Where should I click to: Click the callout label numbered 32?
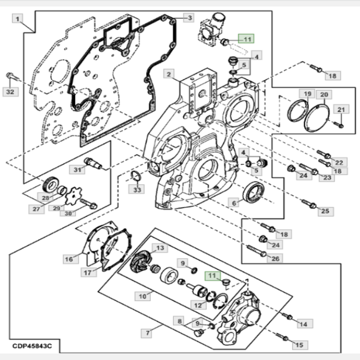coord(10,92)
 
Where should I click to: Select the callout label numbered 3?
coord(189,18)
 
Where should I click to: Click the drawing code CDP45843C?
coord(32,346)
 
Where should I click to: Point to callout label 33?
coord(137,189)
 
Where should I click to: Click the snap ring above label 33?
coord(136,176)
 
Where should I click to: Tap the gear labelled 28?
coord(50,184)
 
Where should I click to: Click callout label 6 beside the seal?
coord(234,203)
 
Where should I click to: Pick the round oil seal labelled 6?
coord(253,193)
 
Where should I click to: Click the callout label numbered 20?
coord(324,94)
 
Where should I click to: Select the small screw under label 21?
coord(339,125)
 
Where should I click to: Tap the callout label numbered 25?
coord(325,211)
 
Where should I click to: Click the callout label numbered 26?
coord(275,258)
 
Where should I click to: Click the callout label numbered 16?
coord(69,259)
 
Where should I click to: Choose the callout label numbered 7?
coord(147,333)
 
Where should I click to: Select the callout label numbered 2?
coord(169,74)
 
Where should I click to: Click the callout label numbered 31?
coord(77,170)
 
